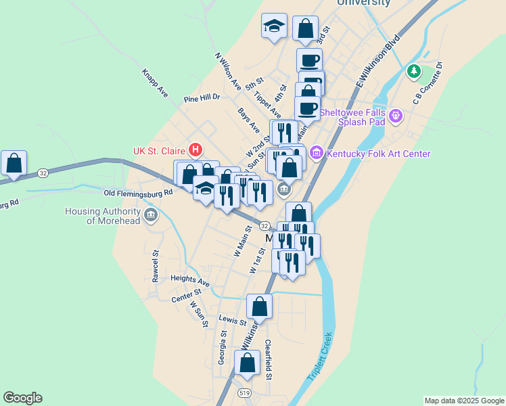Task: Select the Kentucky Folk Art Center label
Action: (378, 154)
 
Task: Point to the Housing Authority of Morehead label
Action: (103, 215)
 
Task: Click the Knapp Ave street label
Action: (154, 81)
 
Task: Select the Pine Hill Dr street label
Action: (202, 97)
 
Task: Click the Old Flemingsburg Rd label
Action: (138, 192)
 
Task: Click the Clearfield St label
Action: (269, 359)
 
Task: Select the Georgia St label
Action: (221, 346)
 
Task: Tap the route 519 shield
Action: (244, 392)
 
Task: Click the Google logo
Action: (22, 398)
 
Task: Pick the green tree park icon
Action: (413, 70)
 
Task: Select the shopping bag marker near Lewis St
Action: (259, 307)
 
